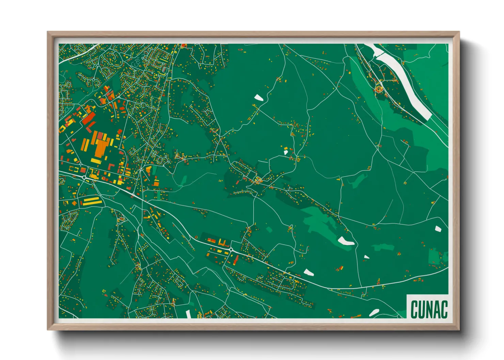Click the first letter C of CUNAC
pyautogui.click(x=414, y=309)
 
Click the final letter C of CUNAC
pyautogui.click(x=444, y=309)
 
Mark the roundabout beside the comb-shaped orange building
pyautogui.click(x=231, y=250)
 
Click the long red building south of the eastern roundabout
pyautogui.click(x=236, y=259)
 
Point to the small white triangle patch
pyautogui.click(x=366, y=257)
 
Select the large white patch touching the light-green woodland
pyautogui.click(x=346, y=241)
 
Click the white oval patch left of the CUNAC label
pyautogui.click(x=374, y=312)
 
